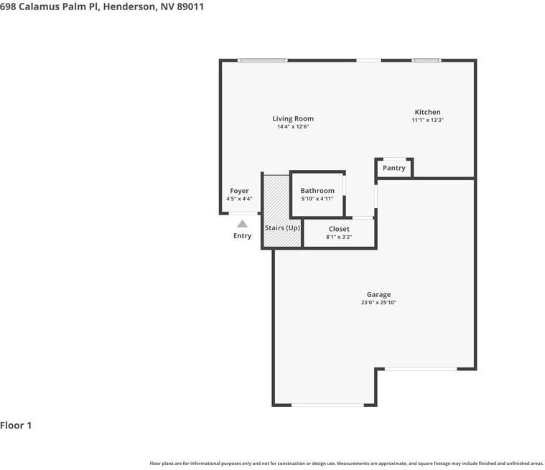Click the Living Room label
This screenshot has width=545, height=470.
coord(293,118)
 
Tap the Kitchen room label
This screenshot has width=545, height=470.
coord(427,112)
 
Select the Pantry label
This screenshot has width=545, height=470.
coord(393,168)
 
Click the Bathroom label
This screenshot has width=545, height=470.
coord(317,191)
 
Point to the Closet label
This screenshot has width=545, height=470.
coord(339,229)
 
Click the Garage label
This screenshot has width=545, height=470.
coord(378,294)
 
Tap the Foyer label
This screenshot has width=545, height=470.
coord(239,191)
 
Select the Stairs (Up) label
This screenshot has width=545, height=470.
coord(282,227)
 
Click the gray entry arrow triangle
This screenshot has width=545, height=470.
coord(243,224)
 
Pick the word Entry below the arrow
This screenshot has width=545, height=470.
coord(243,236)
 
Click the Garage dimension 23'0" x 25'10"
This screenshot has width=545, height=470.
coord(378,303)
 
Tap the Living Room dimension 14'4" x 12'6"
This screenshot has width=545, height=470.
coord(293,127)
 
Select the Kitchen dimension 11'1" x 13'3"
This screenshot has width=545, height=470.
coord(427,121)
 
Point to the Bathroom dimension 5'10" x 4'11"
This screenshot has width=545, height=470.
coord(317,199)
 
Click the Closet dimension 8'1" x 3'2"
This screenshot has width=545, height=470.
coord(339,237)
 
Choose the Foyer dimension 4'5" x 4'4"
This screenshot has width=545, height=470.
coord(239,199)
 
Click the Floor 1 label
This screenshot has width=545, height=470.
coord(16,426)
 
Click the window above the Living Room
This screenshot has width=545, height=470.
coord(263,60)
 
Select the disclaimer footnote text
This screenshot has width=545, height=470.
coord(346,464)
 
